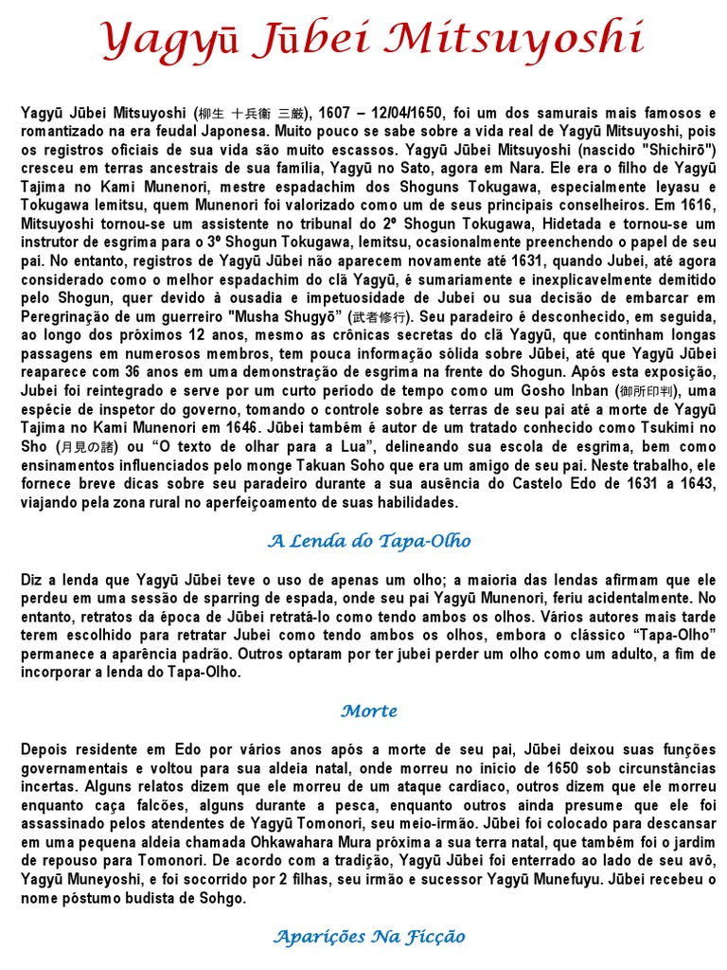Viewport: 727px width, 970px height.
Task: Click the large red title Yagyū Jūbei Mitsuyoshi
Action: click(x=372, y=40)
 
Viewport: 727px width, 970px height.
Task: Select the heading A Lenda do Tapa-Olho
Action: click(x=369, y=541)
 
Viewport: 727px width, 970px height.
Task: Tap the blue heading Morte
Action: click(x=369, y=710)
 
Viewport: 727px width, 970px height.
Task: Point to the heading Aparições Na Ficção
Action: click(x=369, y=937)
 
